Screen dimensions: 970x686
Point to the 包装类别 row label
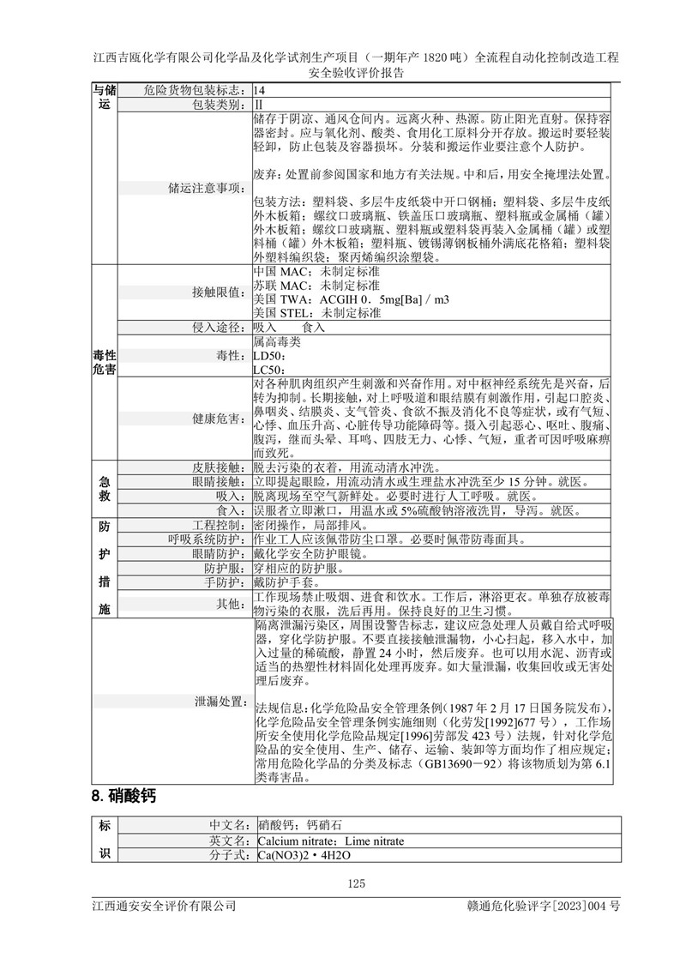[220, 102]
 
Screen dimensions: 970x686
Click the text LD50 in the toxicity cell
[267, 355]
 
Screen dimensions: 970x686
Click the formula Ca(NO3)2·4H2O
[304, 855]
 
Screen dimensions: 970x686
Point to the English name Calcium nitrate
[295, 841]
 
